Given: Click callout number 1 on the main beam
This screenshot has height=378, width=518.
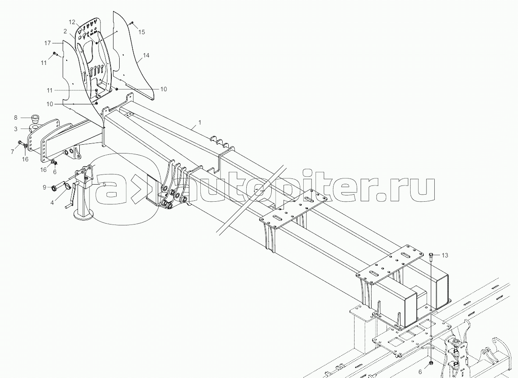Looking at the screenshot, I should click(199, 123).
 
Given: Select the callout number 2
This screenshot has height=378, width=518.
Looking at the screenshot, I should click(65, 31).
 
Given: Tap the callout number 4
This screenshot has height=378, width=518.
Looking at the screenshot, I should click(53, 203).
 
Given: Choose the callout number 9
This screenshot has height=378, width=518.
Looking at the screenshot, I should click(44, 188).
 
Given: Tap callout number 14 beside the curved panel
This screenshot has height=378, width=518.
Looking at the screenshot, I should click(146, 55).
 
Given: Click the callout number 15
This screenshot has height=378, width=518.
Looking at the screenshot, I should click(141, 32).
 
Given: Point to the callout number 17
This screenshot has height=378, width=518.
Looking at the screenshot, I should click(48, 43).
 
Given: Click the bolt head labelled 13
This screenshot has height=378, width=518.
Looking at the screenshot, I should click(432, 255).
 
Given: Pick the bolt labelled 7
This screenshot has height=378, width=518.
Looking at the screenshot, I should click(21, 143).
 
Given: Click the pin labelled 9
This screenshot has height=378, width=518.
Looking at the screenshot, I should click(56, 187).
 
